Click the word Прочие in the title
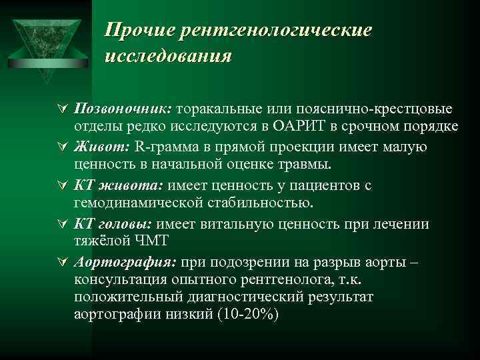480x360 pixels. (134, 30)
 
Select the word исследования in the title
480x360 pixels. (168, 55)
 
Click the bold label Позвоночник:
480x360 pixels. (123, 109)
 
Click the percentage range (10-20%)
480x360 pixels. (246, 314)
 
